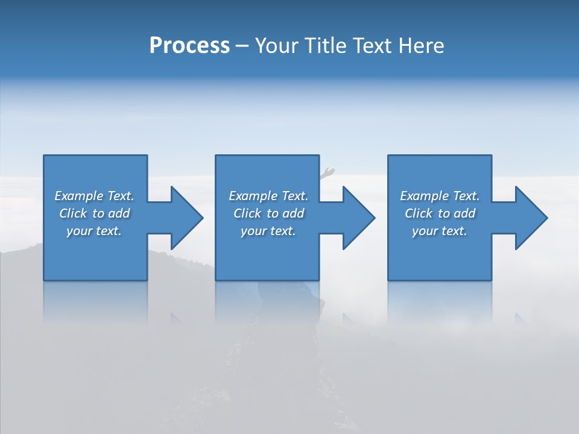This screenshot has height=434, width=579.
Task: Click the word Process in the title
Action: tap(189, 46)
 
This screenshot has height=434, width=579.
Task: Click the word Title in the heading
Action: tap(323, 46)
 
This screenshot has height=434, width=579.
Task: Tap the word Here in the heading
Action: tap(422, 46)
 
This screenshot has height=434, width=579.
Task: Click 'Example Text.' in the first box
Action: tap(94, 196)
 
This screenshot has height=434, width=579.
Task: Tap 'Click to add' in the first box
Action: tap(94, 213)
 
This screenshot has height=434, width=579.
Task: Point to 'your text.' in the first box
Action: tap(94, 231)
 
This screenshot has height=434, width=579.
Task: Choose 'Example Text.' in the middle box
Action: tap(268, 196)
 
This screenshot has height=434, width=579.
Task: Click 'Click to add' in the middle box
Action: tap(268, 213)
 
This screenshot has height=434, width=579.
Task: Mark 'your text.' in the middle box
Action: tap(268, 231)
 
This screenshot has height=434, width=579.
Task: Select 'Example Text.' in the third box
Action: tap(440, 196)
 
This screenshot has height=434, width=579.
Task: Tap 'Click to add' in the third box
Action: tap(440, 213)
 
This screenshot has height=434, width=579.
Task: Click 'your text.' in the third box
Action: tap(440, 231)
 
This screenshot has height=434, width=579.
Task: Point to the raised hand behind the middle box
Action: tap(327, 173)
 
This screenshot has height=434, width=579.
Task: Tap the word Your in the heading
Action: tap(275, 46)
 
